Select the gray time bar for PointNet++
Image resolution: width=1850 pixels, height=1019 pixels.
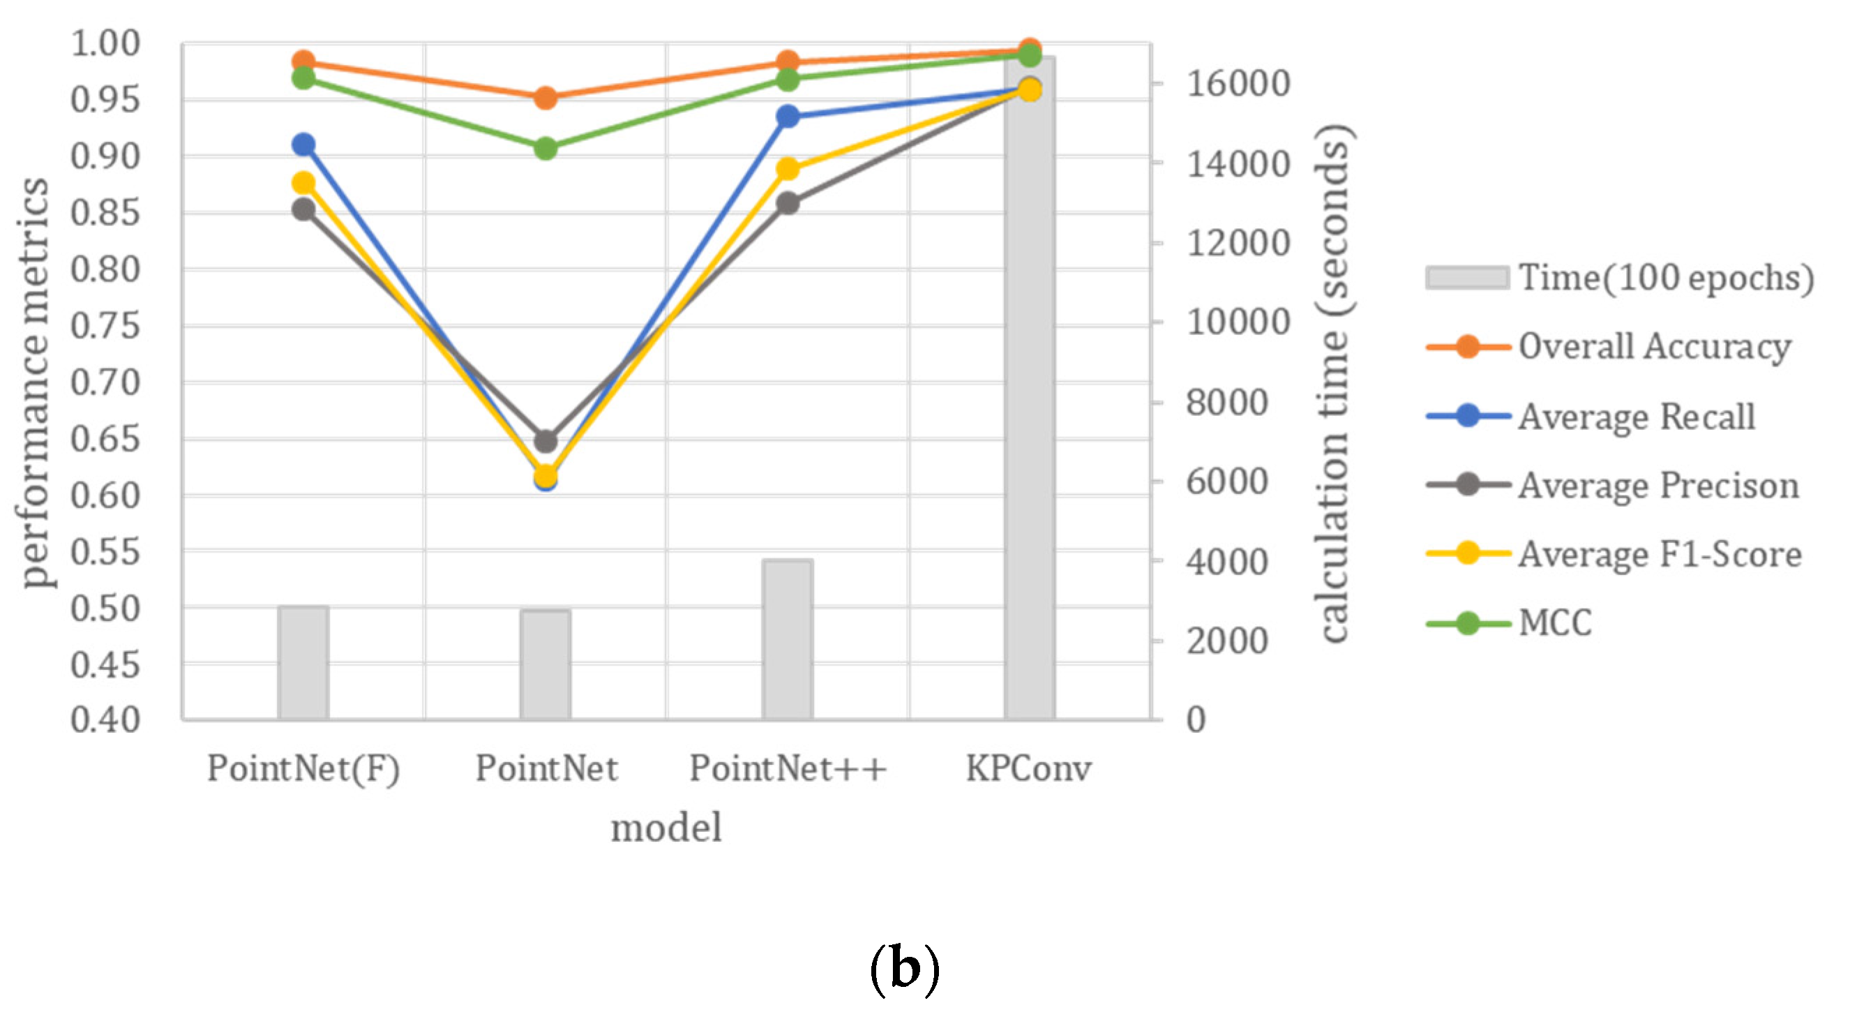(x=788, y=639)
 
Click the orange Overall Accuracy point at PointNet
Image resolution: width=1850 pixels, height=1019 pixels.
(x=546, y=98)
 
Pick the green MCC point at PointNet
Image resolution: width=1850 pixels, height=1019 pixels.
(x=546, y=149)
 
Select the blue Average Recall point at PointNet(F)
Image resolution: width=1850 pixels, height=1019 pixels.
(x=303, y=144)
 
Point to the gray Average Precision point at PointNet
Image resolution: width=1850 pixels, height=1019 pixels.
(x=546, y=441)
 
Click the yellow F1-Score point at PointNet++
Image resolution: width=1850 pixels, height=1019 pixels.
(x=788, y=169)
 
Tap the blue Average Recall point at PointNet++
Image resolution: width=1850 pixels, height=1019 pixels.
(x=788, y=117)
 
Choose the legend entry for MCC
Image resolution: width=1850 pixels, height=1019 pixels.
(x=1554, y=623)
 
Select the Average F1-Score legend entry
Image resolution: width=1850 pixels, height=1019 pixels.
(x=1659, y=554)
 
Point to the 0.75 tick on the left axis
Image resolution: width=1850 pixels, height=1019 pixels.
(x=105, y=326)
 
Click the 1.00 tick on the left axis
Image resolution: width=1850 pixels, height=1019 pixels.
(x=105, y=45)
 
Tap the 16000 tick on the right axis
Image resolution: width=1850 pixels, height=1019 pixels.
(x=1237, y=83)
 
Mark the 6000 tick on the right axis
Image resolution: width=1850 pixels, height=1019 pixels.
(x=1226, y=482)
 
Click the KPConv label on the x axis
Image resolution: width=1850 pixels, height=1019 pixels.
(x=1028, y=768)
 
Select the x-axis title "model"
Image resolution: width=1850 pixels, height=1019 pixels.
(x=665, y=827)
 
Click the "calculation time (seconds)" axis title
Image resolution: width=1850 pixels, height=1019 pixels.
(x=1334, y=382)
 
